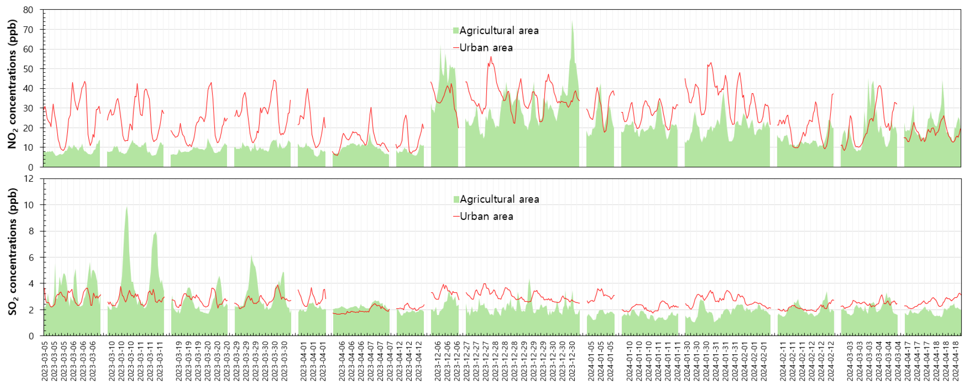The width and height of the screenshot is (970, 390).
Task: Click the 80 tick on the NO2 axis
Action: coord(28,10)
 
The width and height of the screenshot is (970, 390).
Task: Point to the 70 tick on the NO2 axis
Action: coord(28,30)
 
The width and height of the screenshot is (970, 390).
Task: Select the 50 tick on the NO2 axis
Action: coord(28,69)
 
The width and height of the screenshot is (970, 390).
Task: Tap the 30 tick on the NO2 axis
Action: coord(28,108)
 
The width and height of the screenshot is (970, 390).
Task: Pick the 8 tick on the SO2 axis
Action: coord(31,231)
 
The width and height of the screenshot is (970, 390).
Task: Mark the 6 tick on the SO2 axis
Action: coord(31,257)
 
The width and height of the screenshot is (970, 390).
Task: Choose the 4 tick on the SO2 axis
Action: coord(31,284)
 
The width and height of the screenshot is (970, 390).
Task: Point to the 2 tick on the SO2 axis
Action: coord(31,310)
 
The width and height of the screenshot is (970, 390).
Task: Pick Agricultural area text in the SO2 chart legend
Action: coord(499,199)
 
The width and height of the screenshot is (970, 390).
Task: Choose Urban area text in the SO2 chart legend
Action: coord(487,217)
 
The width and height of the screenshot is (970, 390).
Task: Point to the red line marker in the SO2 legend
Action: coord(456,217)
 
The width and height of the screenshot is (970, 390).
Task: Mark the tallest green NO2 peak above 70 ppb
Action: coord(572,23)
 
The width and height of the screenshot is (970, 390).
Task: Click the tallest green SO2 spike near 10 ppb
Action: coord(127,207)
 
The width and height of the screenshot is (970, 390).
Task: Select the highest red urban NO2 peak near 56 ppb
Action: coord(491,57)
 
